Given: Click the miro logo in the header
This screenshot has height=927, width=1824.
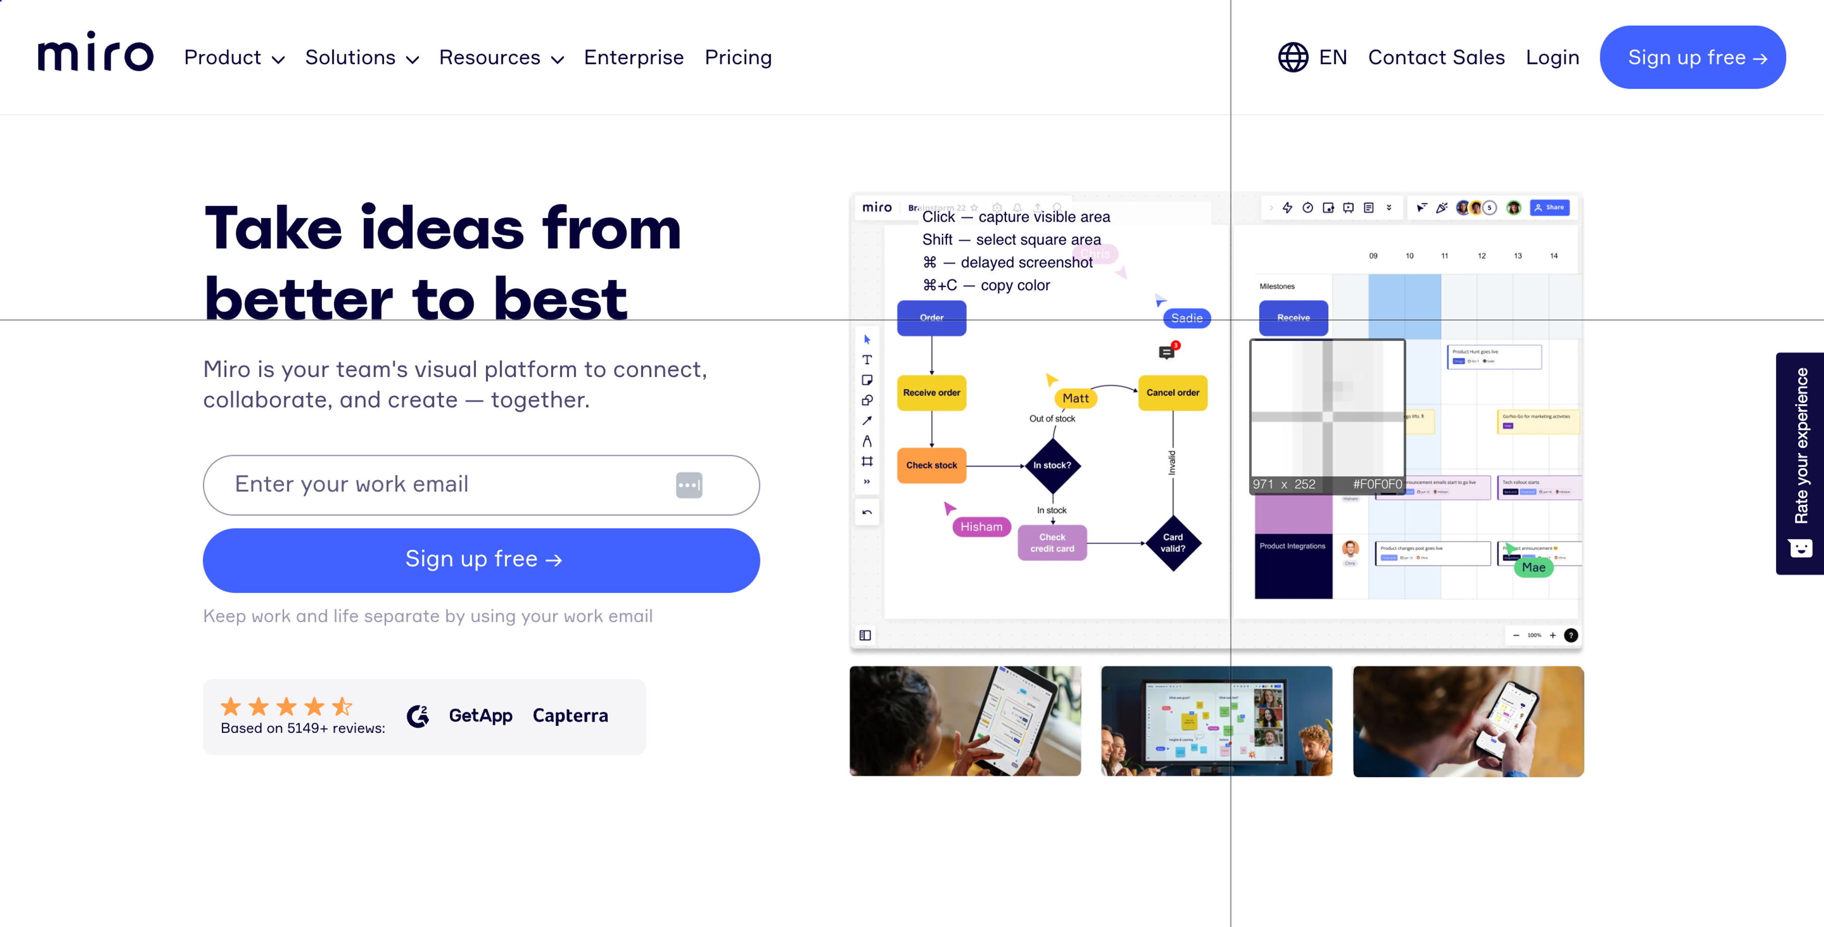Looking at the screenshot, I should tap(95, 53).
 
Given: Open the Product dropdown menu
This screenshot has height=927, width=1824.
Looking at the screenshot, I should tap(234, 57).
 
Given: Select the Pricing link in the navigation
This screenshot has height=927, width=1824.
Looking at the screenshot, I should tap(738, 57).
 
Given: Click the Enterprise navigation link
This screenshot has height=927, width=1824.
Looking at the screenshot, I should tap(634, 57).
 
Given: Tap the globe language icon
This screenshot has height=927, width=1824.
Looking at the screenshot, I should tap(1293, 57).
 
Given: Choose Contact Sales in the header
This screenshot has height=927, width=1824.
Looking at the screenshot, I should tap(1436, 57).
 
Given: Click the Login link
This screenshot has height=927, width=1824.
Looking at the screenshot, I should tap(1552, 57).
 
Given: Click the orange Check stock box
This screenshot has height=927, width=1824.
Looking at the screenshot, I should tap(931, 465).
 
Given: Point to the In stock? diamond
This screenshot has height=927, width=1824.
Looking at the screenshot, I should tap(1052, 465).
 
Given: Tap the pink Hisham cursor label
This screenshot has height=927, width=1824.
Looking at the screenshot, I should tap(981, 527).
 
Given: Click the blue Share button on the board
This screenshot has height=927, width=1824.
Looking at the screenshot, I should tap(1549, 208).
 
